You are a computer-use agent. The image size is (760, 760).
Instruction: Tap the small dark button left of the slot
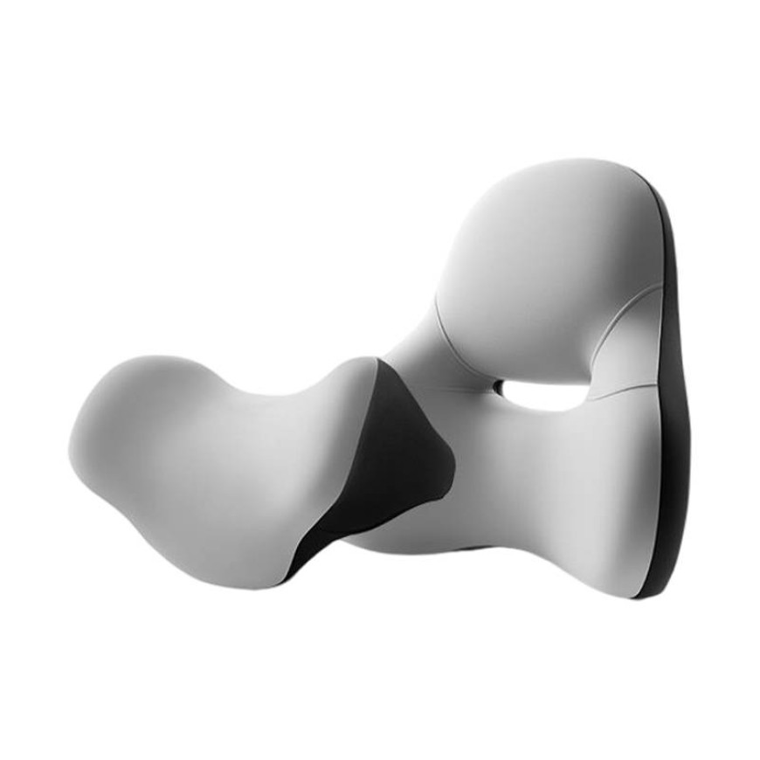[497, 386]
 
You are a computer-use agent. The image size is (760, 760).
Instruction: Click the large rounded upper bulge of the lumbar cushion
[533, 253]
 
